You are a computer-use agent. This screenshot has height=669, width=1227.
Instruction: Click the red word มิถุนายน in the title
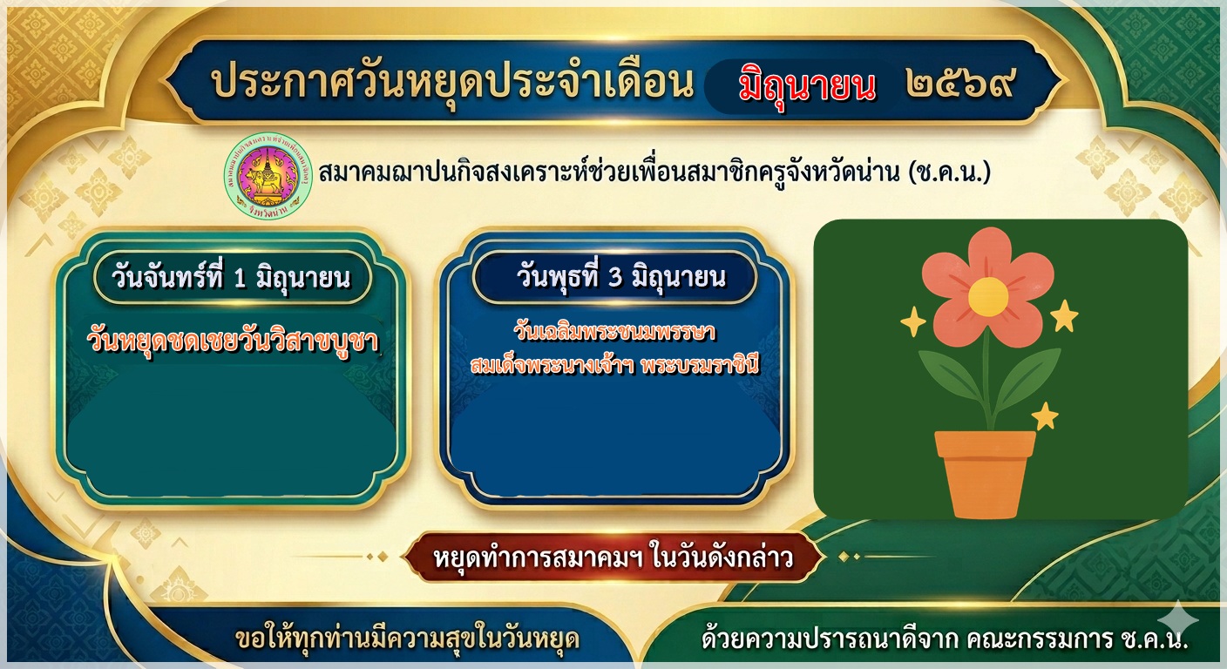(807, 87)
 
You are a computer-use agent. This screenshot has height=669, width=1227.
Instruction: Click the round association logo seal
(268, 176)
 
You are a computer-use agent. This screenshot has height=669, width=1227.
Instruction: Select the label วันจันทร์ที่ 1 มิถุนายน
(231, 278)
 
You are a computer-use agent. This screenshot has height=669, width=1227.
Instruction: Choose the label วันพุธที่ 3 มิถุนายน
(621, 277)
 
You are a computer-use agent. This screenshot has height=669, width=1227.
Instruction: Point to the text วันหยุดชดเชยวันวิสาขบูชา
(233, 341)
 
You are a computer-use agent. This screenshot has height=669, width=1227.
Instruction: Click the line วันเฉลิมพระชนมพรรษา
(614, 332)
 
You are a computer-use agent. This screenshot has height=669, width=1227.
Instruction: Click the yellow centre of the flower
(988, 297)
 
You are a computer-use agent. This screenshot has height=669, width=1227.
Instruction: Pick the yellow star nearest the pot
(1045, 416)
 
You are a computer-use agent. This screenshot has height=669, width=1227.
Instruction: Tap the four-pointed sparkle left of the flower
(913, 321)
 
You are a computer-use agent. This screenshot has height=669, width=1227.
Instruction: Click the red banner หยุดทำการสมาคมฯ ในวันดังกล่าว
(613, 557)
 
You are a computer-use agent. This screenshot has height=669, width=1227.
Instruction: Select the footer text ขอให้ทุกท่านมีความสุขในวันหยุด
(407, 639)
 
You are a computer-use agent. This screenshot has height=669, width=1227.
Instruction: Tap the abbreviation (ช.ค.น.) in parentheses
(949, 172)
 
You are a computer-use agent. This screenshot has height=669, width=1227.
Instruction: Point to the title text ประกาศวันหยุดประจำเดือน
(452, 84)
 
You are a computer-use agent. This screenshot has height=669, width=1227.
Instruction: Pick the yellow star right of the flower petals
(1064, 316)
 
